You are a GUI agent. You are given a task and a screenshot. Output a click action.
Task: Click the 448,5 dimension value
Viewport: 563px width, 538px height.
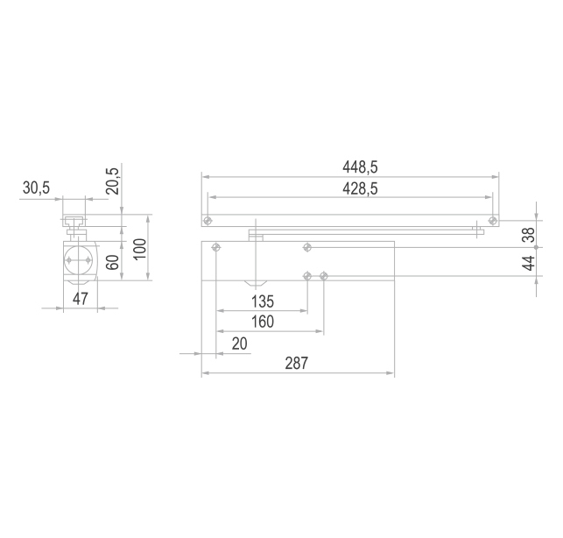pos(360,167)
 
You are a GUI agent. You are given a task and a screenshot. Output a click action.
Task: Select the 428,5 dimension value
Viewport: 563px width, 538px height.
pos(360,188)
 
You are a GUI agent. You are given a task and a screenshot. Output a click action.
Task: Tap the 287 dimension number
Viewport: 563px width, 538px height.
pos(296,364)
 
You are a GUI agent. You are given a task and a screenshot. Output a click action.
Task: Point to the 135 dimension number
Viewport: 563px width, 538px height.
pos(263,301)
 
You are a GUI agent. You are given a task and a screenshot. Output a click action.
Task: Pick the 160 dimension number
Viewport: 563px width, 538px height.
pos(263,322)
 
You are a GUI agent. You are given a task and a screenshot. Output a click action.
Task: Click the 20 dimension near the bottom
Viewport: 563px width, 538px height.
pos(240,344)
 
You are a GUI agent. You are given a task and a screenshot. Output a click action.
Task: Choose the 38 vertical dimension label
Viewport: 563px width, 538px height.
pos(529,235)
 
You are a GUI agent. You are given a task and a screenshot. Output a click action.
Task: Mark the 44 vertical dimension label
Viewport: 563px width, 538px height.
pos(529,264)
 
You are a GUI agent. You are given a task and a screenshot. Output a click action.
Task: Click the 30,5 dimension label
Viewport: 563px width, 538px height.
pos(36,188)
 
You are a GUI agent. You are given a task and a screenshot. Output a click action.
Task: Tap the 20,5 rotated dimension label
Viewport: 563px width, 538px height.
pos(113,181)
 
